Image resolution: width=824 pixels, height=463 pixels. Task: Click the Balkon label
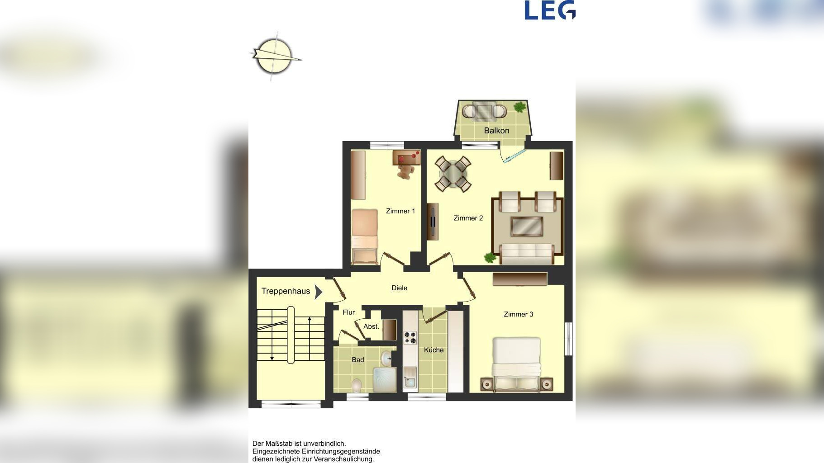pyautogui.click(x=496, y=131)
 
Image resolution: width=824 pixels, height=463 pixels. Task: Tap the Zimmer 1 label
pyautogui.click(x=400, y=211)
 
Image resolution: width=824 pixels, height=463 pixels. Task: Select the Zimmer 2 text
pyautogui.click(x=468, y=218)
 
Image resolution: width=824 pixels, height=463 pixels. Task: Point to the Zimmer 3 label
pyautogui.click(x=519, y=314)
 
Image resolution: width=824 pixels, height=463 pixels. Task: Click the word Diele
pyautogui.click(x=399, y=288)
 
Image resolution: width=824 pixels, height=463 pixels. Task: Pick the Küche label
pyautogui.click(x=433, y=350)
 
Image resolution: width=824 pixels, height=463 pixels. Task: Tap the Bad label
pyautogui.click(x=358, y=360)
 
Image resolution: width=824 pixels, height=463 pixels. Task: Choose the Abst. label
pyautogui.click(x=371, y=326)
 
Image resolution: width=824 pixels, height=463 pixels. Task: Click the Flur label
pyautogui.click(x=348, y=312)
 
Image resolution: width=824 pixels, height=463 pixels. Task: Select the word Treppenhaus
pyautogui.click(x=286, y=291)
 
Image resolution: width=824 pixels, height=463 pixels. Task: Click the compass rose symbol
pyautogui.click(x=275, y=57)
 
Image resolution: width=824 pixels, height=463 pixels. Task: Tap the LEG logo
pyautogui.click(x=550, y=10)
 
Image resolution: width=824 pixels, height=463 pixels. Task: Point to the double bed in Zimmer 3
pyautogui.click(x=516, y=364)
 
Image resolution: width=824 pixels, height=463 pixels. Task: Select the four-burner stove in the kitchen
pyautogui.click(x=410, y=338)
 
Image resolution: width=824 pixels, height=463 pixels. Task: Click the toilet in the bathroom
pyautogui.click(x=357, y=385)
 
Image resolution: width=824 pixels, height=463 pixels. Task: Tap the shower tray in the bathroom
pyautogui.click(x=385, y=379)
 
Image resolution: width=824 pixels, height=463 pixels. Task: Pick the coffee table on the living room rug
pyautogui.click(x=527, y=226)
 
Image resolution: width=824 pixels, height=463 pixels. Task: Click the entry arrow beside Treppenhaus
pyautogui.click(x=319, y=292)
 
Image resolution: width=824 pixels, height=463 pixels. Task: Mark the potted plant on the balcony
pyautogui.click(x=520, y=107)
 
